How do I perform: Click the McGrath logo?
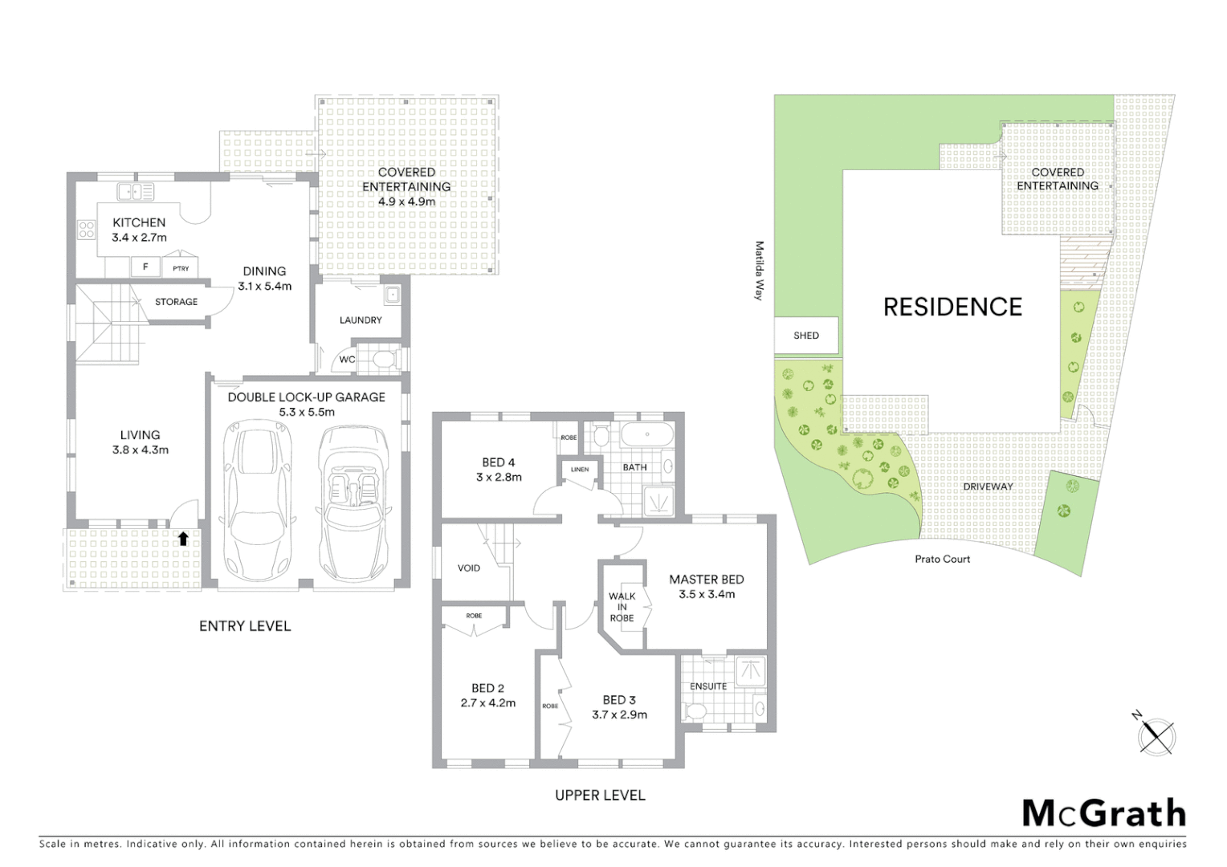click(x=1104, y=813)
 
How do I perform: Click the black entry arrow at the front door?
click(x=183, y=539)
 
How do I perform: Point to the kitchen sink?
click(x=135, y=191)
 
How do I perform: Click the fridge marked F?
click(x=145, y=267)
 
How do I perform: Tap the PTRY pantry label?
click(x=181, y=268)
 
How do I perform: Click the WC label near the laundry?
click(x=346, y=360)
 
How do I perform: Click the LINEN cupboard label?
click(x=580, y=470)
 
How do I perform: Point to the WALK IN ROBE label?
click(x=622, y=607)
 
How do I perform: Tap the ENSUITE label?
click(x=708, y=686)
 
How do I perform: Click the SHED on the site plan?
click(x=806, y=336)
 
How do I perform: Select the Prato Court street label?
click(x=942, y=559)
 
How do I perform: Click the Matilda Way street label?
click(x=758, y=271)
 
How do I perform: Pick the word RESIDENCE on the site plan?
click(x=952, y=307)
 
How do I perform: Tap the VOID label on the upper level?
click(x=469, y=568)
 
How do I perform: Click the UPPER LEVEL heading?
click(x=600, y=796)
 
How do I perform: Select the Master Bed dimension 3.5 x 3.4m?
click(x=707, y=594)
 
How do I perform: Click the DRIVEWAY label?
click(x=988, y=486)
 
